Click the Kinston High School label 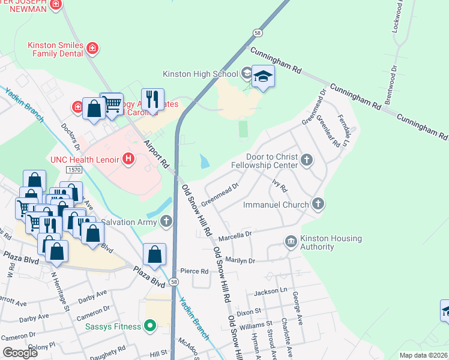[x=200, y=74]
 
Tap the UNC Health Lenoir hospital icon [x=127, y=159]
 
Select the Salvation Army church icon [x=166, y=222]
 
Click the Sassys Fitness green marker [x=150, y=326]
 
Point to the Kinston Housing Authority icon [x=291, y=241]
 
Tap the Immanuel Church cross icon [x=318, y=205]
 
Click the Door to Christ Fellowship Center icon [x=307, y=160]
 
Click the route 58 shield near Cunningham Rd [x=257, y=34]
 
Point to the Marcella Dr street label [x=235, y=234]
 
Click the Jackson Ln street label [x=267, y=292]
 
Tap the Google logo [x=20, y=352]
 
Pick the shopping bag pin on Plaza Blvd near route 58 [x=155, y=253]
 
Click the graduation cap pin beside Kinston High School [x=263, y=76]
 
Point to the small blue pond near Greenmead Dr [x=205, y=161]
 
